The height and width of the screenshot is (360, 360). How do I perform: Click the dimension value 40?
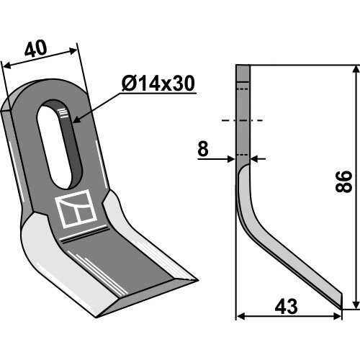[36, 49]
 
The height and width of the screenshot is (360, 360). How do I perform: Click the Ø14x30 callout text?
[158, 84]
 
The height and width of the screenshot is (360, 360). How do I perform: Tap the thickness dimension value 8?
[203, 149]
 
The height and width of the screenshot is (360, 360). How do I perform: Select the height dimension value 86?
[343, 181]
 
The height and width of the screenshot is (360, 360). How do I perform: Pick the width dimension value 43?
[286, 307]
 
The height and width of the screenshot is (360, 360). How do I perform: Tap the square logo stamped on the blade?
[76, 209]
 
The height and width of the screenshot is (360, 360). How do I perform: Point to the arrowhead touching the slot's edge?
[76, 120]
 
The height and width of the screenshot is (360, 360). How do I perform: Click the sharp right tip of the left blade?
[197, 280]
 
